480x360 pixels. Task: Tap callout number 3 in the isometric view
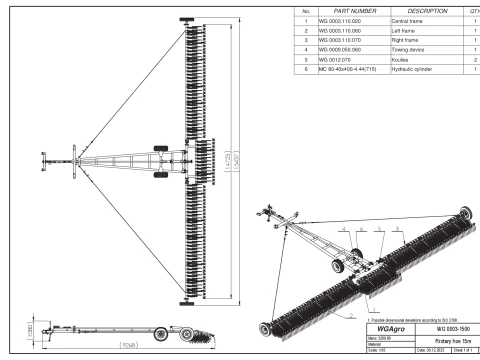(x=373, y=229)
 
